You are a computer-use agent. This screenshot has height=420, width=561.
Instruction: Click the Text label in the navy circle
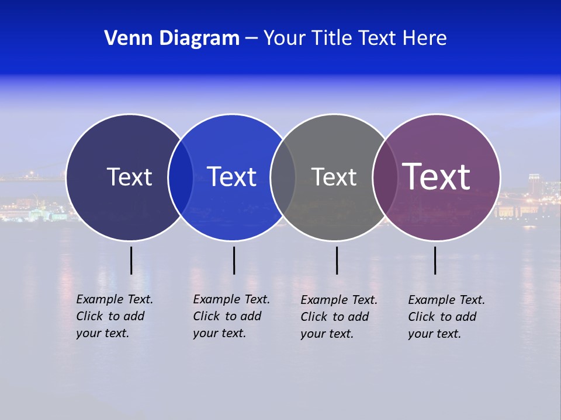[129, 177]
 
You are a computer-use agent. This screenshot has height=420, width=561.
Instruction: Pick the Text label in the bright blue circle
[231, 177]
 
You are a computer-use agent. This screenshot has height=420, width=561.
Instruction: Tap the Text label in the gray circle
[334, 177]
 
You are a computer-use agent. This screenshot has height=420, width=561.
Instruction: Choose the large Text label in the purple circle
[437, 176]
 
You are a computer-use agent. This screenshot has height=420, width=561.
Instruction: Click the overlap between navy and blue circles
[181, 177]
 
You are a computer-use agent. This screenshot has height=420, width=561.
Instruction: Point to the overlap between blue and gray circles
[283, 177]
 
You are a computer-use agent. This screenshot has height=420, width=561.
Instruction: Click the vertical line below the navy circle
[131, 260]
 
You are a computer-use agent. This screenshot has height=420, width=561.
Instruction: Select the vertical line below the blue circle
[234, 260]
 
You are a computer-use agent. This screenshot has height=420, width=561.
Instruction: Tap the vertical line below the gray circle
[337, 260]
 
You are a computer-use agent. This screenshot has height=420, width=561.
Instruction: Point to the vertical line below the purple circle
[435, 260]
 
